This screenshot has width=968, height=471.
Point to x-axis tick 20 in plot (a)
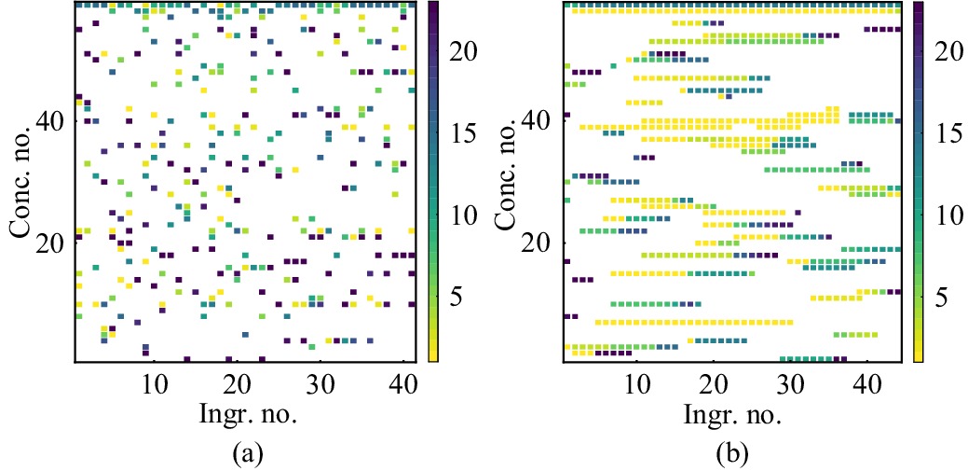237,382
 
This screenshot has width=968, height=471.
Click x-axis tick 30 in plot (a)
319,382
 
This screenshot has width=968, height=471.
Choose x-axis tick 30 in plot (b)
790,382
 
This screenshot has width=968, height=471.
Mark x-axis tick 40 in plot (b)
866,382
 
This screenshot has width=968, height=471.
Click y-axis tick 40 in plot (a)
53,121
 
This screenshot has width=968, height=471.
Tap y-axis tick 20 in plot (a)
53,243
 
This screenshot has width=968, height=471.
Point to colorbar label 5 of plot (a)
457,298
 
